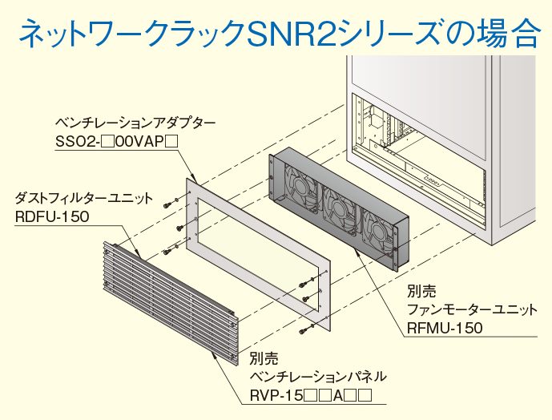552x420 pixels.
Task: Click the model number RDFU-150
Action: pyautogui.click(x=52, y=216)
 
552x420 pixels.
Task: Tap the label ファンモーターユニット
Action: pyautogui.click(x=465, y=308)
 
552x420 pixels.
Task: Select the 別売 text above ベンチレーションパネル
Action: pyautogui.click(x=263, y=356)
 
